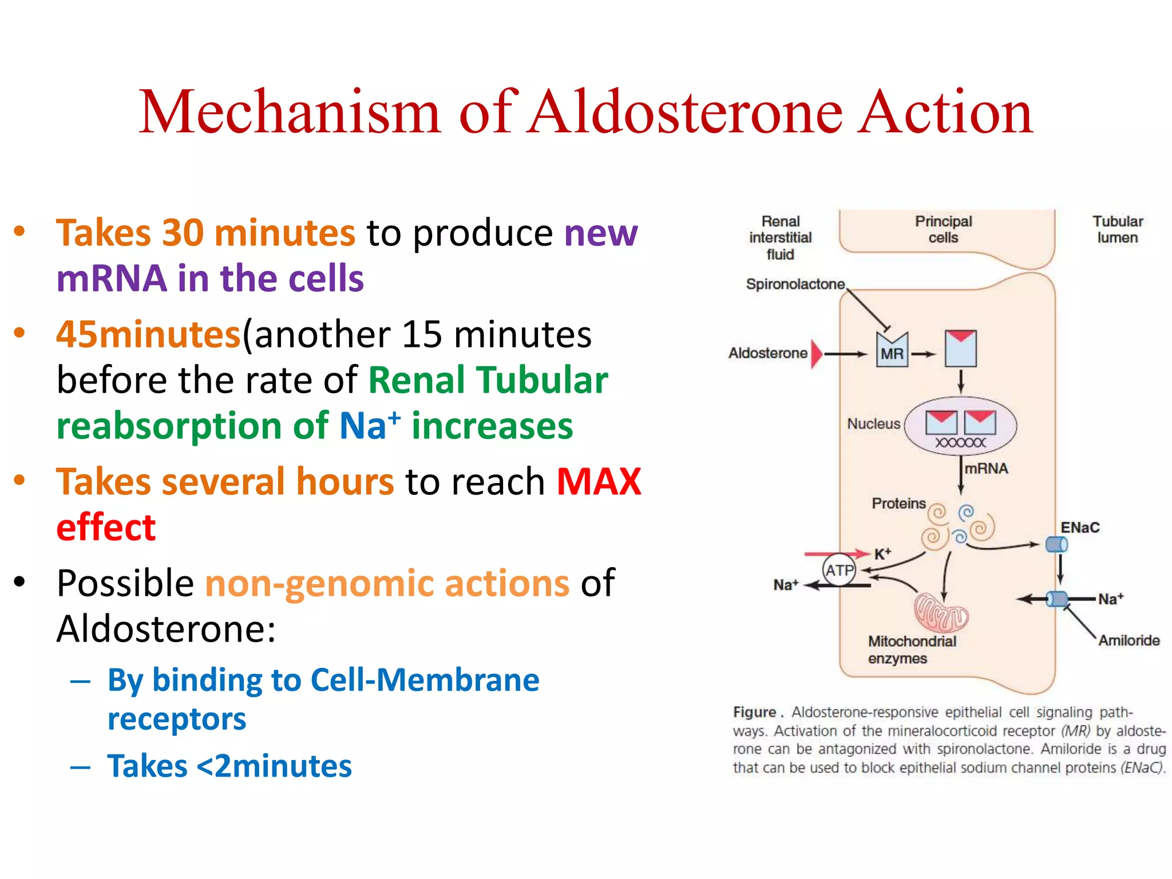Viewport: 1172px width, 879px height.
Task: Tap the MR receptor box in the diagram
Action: coord(892,351)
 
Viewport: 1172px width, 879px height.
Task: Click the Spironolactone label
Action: coord(795,284)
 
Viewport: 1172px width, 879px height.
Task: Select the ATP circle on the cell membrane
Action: coord(839,570)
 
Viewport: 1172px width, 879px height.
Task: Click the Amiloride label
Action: coord(1129,640)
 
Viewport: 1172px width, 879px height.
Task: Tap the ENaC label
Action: coord(1080,528)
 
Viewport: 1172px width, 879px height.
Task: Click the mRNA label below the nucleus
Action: coord(986,469)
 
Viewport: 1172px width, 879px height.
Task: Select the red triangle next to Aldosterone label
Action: coord(817,354)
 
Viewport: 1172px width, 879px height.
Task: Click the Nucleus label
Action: coord(873,424)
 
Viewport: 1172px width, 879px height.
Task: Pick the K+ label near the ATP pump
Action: coord(882,554)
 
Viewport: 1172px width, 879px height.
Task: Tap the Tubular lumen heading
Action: coord(1117,229)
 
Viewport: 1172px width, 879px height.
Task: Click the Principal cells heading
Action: coord(943,229)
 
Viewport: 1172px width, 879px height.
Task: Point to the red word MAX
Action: coord(599,482)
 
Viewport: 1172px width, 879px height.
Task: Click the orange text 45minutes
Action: coord(148,335)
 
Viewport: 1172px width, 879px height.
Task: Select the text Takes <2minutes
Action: coord(229,766)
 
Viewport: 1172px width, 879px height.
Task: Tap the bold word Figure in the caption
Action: coord(754,712)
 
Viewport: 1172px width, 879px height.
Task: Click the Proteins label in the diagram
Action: coord(898,504)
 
